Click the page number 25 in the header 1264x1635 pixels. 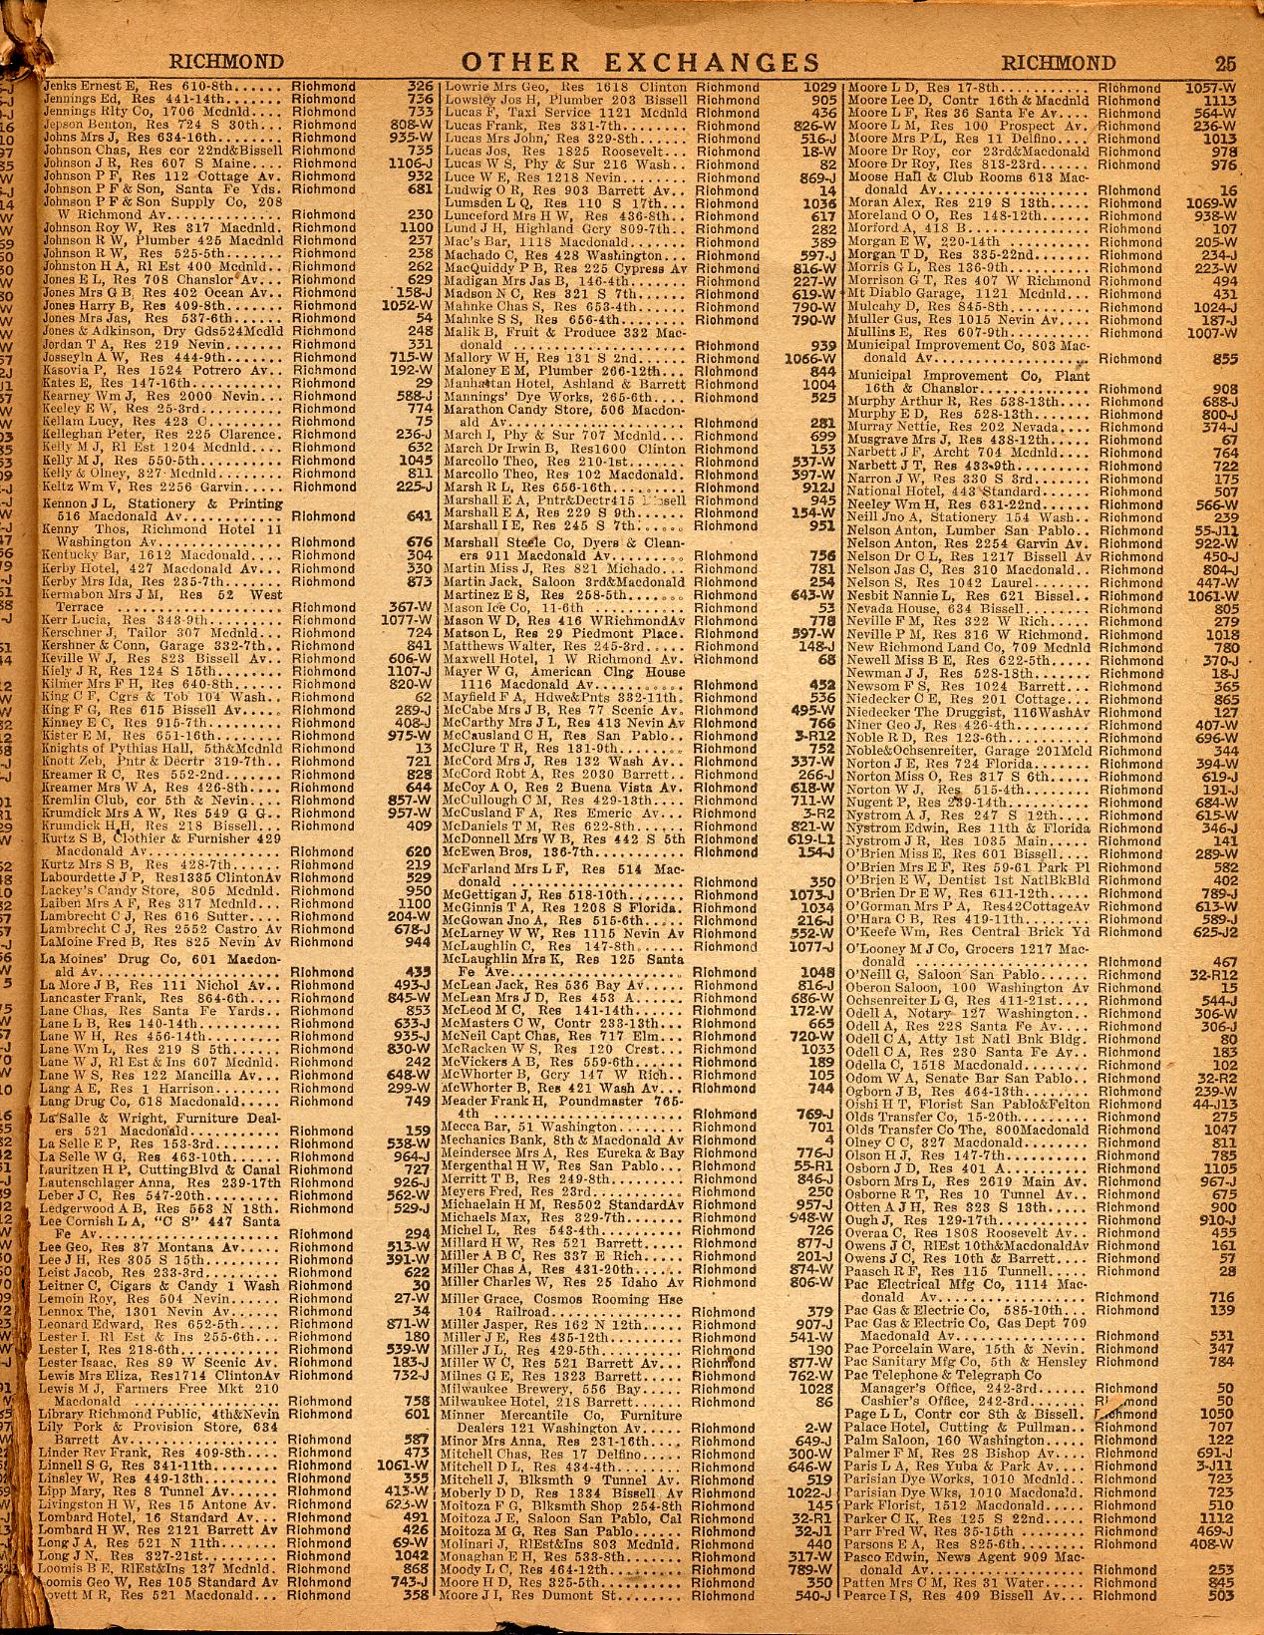[x=1224, y=62]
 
